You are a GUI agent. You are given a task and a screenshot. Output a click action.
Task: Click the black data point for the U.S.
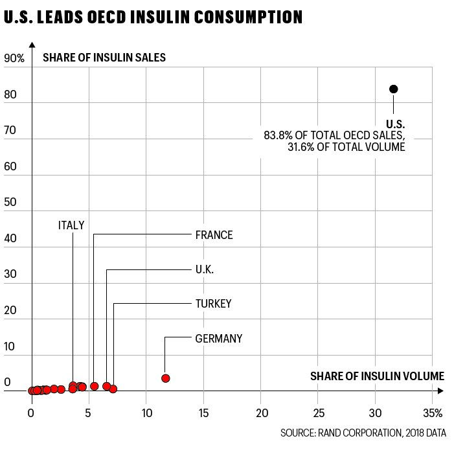pyautogui.click(x=393, y=89)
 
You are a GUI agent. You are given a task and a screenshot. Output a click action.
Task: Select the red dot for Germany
pyautogui.click(x=166, y=378)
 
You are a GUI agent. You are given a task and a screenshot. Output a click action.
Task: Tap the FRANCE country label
pyautogui.click(x=214, y=235)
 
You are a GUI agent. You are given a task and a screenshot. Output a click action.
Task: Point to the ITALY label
pyautogui.click(x=71, y=225)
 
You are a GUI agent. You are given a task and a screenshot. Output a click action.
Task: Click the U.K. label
pyautogui.click(x=205, y=269)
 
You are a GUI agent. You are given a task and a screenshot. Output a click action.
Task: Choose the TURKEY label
pyautogui.click(x=213, y=303)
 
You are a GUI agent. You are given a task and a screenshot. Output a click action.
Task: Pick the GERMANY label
pyautogui.click(x=219, y=338)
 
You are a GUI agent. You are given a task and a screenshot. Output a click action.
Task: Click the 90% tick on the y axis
pyautogui.click(x=14, y=58)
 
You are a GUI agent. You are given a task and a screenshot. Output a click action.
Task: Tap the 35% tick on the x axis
pyautogui.click(x=433, y=413)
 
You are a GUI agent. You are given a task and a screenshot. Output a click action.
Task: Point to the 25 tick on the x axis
pyautogui.click(x=318, y=413)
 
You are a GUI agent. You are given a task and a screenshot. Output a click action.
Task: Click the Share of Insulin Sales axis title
pyautogui.click(x=104, y=58)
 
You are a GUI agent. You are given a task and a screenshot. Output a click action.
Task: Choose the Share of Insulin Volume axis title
pyautogui.click(x=377, y=376)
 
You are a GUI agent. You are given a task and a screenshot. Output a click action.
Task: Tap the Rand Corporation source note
pyautogui.click(x=363, y=433)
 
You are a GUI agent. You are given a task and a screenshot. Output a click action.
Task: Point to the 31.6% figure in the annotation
pyautogui.click(x=301, y=147)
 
